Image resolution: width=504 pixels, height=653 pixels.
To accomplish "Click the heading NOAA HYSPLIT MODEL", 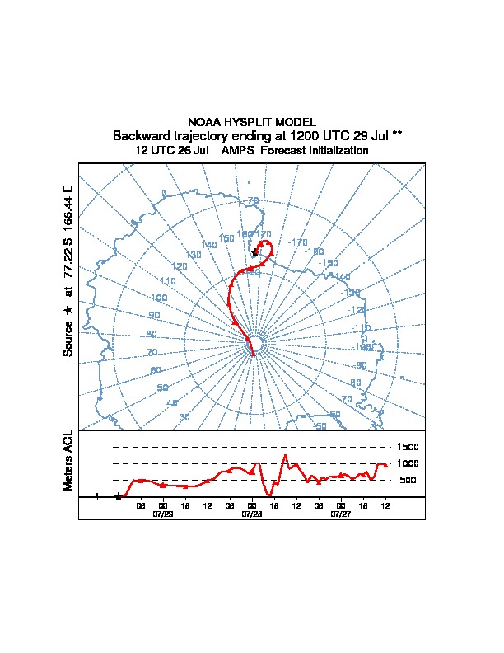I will click(251, 122).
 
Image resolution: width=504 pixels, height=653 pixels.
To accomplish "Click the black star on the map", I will click(254, 252).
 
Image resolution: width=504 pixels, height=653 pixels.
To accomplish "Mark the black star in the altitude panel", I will click(118, 496).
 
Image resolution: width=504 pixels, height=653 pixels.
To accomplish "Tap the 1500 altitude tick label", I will click(408, 447).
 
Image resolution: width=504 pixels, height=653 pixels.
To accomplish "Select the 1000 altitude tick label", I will click(408, 463).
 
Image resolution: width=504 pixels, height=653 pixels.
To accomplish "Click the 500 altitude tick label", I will click(408, 480).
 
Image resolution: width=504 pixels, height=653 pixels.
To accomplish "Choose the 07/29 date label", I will click(163, 514).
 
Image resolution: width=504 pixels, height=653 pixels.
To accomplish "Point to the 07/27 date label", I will click(340, 514).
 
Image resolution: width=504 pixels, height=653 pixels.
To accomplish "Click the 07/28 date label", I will click(252, 514).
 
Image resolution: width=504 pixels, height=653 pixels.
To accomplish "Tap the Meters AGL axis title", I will click(68, 460).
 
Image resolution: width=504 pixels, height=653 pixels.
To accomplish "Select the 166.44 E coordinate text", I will click(68, 209).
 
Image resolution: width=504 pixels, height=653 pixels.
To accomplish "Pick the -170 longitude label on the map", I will click(298, 242).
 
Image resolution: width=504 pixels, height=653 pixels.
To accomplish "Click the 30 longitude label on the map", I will click(184, 417).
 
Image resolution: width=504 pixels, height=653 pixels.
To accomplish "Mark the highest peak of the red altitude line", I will click(285, 455).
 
